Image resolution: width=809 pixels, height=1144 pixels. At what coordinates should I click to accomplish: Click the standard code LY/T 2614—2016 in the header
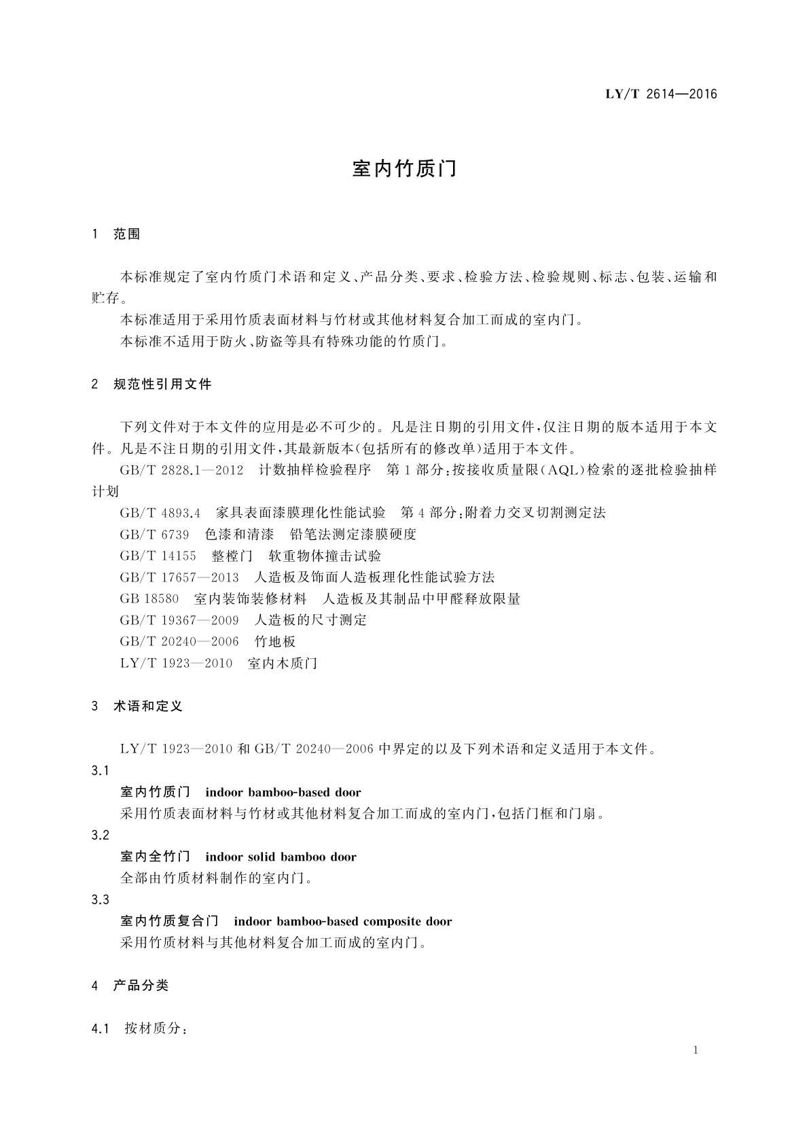coord(661,94)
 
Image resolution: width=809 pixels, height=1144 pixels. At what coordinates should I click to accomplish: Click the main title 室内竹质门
coord(404,169)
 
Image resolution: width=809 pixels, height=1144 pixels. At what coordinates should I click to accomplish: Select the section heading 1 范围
coord(116,234)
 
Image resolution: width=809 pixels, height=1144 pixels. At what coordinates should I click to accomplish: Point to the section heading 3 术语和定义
coord(137,707)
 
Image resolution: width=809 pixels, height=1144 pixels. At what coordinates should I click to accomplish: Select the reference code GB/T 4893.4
coord(160,513)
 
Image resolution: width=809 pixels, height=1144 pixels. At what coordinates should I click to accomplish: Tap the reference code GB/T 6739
coord(154,535)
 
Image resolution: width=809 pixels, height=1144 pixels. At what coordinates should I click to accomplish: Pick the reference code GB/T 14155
coord(158,556)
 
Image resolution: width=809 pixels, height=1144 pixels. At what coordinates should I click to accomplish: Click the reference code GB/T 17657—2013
coord(179,577)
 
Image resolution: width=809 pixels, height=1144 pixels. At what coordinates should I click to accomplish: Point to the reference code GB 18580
coord(149,599)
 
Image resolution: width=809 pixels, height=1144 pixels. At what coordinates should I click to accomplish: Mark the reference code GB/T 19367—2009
coord(179,620)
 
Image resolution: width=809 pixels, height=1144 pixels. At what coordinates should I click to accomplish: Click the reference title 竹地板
coord(275,642)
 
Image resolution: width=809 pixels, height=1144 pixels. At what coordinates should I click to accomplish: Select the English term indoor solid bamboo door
coord(281,857)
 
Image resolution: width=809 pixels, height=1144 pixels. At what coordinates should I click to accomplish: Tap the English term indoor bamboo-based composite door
coord(342,922)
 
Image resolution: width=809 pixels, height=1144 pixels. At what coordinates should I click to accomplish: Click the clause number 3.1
coord(100,771)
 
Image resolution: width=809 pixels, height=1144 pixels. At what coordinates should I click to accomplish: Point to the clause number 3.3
coord(100,900)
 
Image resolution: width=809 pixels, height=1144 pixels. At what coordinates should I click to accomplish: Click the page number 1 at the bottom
coord(696,1050)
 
